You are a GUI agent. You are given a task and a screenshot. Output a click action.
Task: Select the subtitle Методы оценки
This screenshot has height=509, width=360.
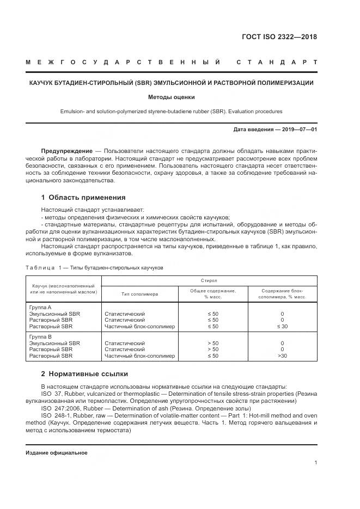[x=171, y=97]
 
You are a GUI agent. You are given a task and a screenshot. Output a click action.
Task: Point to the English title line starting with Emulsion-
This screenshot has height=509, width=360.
[x=171, y=112]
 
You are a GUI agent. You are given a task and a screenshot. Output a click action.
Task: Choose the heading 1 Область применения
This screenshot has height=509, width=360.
[x=83, y=198]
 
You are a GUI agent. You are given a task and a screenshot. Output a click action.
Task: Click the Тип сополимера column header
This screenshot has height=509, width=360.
[x=139, y=294]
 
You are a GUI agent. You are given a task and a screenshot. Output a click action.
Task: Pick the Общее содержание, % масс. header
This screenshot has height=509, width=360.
[x=212, y=294]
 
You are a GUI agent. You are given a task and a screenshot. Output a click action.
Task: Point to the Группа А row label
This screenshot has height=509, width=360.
[x=40, y=307]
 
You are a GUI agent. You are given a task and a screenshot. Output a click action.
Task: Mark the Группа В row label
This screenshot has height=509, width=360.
[x=40, y=336]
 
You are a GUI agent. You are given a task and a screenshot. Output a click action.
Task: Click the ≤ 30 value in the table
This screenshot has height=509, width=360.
[x=282, y=327]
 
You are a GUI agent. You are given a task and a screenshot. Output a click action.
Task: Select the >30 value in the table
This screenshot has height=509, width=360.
[x=282, y=356]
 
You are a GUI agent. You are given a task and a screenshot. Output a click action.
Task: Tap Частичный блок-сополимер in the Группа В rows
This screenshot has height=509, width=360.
[x=139, y=356]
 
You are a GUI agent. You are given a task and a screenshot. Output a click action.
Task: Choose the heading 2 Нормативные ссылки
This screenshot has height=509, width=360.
[x=84, y=374]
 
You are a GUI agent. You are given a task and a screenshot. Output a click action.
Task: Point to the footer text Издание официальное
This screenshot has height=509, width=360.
[x=56, y=453]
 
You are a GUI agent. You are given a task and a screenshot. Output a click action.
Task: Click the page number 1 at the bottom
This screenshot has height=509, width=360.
[x=316, y=463]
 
